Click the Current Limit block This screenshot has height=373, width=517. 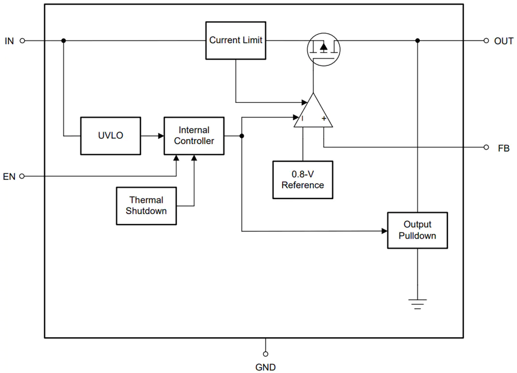pos(236,40)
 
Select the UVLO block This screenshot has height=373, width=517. pos(111,136)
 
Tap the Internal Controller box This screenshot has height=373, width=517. pos(194,136)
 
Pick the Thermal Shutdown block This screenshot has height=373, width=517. pos(146,206)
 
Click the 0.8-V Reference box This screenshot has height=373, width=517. pos(303,180)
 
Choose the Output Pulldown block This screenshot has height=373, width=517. pos(417,230)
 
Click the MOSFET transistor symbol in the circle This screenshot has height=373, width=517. pos(323,49)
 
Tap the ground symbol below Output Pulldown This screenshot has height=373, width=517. pos(417,304)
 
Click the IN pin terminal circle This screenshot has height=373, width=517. pos(23,41)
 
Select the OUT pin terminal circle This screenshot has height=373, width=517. pos(486,41)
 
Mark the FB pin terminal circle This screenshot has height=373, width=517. pos(486,148)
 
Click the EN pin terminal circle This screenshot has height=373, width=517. pos(22,176)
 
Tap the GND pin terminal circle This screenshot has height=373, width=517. pos(266,354)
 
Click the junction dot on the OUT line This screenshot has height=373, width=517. pos(417,40)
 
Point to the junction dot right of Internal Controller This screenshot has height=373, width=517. pos(242,136)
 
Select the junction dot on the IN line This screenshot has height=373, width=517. pos(63,40)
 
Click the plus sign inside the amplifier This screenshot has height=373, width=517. pos(324,118)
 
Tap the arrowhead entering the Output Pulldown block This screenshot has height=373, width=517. pos(384,231)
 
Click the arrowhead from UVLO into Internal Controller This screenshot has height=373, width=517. pos(161,136)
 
